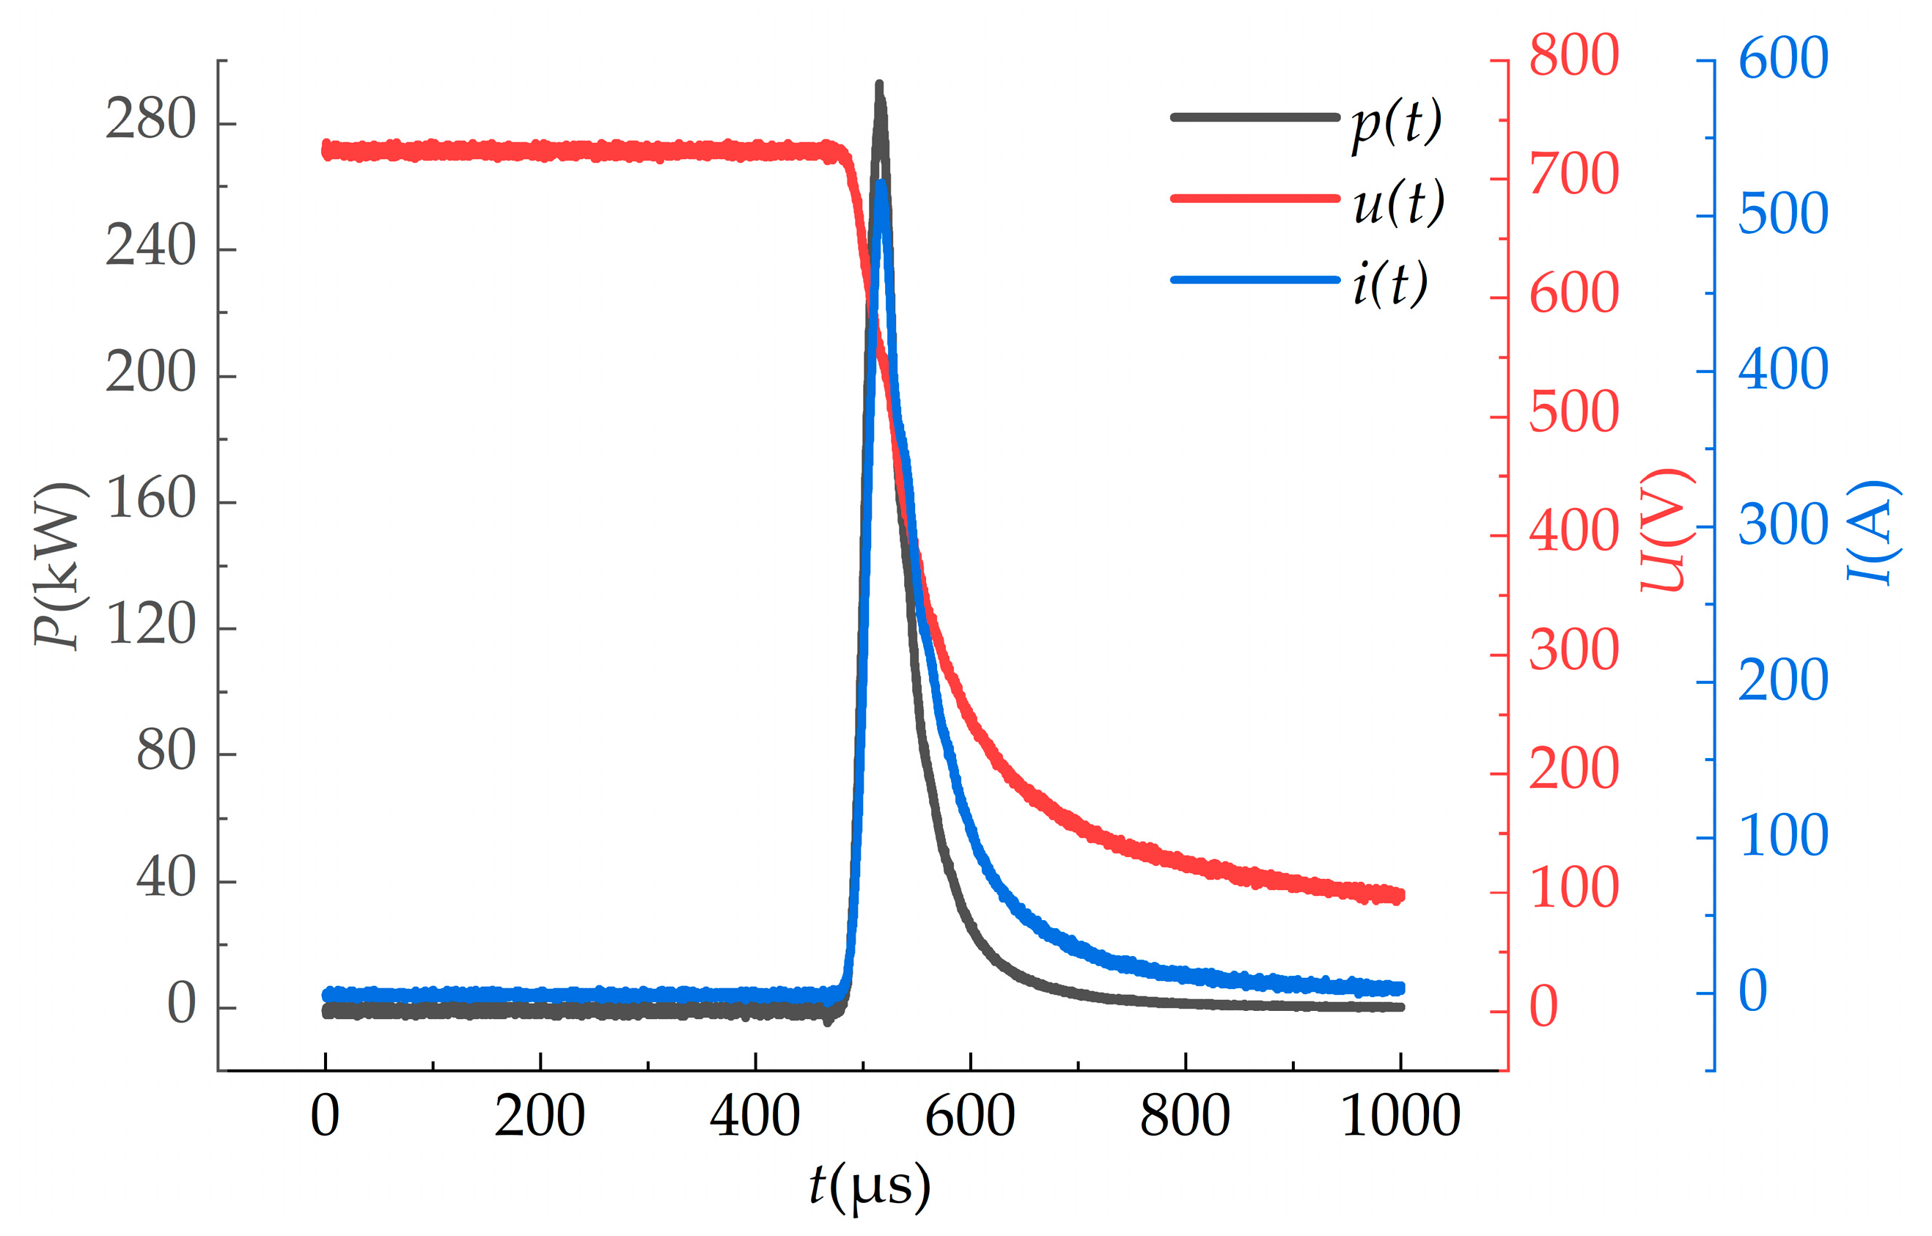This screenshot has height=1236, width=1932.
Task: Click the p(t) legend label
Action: pyautogui.click(x=1397, y=124)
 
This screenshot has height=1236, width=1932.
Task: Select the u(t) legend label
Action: pyautogui.click(x=1398, y=202)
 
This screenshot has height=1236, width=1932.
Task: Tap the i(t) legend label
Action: pyautogui.click(x=1390, y=282)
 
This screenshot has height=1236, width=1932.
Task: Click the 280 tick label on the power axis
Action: pyautogui.click(x=150, y=120)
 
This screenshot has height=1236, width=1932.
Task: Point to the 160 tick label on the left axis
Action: pyautogui.click(x=150, y=499)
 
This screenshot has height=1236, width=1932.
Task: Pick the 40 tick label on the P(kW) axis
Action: pyautogui.click(x=166, y=878)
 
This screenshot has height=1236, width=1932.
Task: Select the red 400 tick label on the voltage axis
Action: pyautogui.click(x=1573, y=531)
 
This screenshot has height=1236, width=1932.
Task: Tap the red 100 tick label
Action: pyautogui.click(x=1573, y=889)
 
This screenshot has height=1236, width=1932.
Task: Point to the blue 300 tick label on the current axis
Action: pyautogui.click(x=1782, y=526)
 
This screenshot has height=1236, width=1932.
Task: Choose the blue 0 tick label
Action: pyautogui.click(x=1753, y=991)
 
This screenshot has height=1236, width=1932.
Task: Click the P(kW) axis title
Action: pyautogui.click(x=58, y=565)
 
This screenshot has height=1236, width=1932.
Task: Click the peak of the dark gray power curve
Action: pyautogui.click(x=880, y=85)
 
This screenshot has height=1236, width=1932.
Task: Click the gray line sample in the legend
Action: pyautogui.click(x=1255, y=117)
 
